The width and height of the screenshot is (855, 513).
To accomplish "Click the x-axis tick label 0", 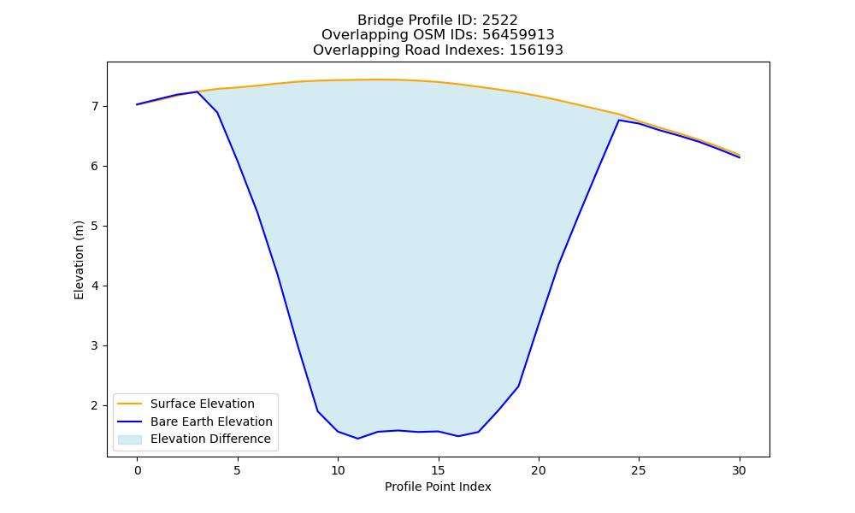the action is pos(137,470).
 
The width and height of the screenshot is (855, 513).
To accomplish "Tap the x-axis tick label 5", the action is pos(237,470).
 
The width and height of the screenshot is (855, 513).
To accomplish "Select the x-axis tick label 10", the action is pos(338,470).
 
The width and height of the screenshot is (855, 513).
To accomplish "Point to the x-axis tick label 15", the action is pos(438,470).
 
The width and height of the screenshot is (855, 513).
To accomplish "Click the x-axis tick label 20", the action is pos(538,470).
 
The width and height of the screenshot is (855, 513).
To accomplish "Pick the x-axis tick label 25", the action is pos(639,470).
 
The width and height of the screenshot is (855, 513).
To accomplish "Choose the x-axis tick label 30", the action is pos(739,470).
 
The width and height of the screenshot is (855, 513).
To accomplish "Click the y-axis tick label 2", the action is pos(95,405).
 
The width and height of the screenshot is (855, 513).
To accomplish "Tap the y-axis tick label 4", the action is pos(95,286).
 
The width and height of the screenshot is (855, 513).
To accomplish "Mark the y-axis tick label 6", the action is pos(95,166).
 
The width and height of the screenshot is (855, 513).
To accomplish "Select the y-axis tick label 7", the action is pos(95,106).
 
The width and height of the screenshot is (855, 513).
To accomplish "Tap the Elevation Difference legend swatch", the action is pos(130,439).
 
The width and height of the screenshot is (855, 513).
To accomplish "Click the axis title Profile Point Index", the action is pos(438,486).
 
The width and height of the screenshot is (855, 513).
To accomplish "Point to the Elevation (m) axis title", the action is pos(79,260).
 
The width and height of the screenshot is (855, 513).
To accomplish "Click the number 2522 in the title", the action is pos(499,21).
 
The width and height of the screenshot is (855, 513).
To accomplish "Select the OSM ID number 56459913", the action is pos(518,35).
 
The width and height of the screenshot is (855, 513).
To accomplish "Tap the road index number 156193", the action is pos(536,50).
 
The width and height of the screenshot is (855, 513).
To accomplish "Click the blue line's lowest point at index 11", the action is pos(357,439).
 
